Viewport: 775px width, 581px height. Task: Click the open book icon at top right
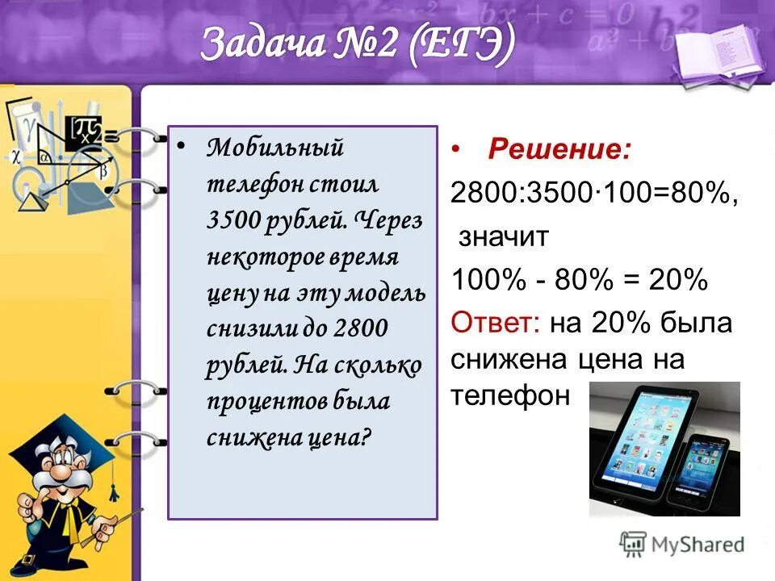click(x=710, y=52)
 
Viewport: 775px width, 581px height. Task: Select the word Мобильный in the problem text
click(x=275, y=148)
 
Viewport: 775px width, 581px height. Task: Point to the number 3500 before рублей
click(x=231, y=223)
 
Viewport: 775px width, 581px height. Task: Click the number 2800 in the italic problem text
click(x=361, y=329)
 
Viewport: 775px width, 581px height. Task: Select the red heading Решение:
click(x=559, y=149)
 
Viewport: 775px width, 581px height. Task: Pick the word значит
click(x=504, y=237)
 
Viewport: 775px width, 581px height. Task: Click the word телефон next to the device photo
click(x=511, y=396)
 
